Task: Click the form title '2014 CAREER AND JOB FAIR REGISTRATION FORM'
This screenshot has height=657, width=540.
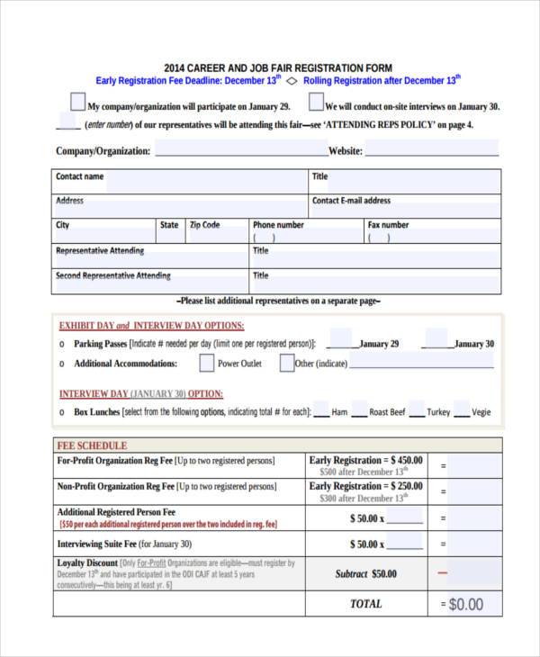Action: [x=278, y=67]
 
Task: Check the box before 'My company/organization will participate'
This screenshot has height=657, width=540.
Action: [x=77, y=102]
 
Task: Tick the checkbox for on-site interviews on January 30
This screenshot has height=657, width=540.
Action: [x=316, y=102]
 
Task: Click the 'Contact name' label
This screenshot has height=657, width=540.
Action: [x=79, y=176]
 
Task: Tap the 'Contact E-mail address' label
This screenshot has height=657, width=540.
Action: [x=351, y=201]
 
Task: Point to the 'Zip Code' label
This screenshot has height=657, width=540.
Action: [x=204, y=225]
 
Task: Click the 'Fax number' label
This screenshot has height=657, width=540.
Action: [x=388, y=225]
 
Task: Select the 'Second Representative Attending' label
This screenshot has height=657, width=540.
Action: [x=112, y=276]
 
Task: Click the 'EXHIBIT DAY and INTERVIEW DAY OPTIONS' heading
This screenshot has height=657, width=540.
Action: [x=151, y=326]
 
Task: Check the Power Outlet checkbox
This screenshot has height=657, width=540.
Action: [x=206, y=364]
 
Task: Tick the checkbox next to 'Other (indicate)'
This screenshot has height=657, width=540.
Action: [x=286, y=364]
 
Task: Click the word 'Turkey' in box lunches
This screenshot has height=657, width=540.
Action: [x=438, y=412]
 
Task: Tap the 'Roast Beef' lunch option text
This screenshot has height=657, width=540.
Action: [x=387, y=412]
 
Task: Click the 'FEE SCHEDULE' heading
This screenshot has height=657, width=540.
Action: [x=92, y=445]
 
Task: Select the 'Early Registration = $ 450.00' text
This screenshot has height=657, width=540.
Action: [x=365, y=460]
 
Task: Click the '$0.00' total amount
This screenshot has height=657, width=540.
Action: [x=465, y=604]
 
